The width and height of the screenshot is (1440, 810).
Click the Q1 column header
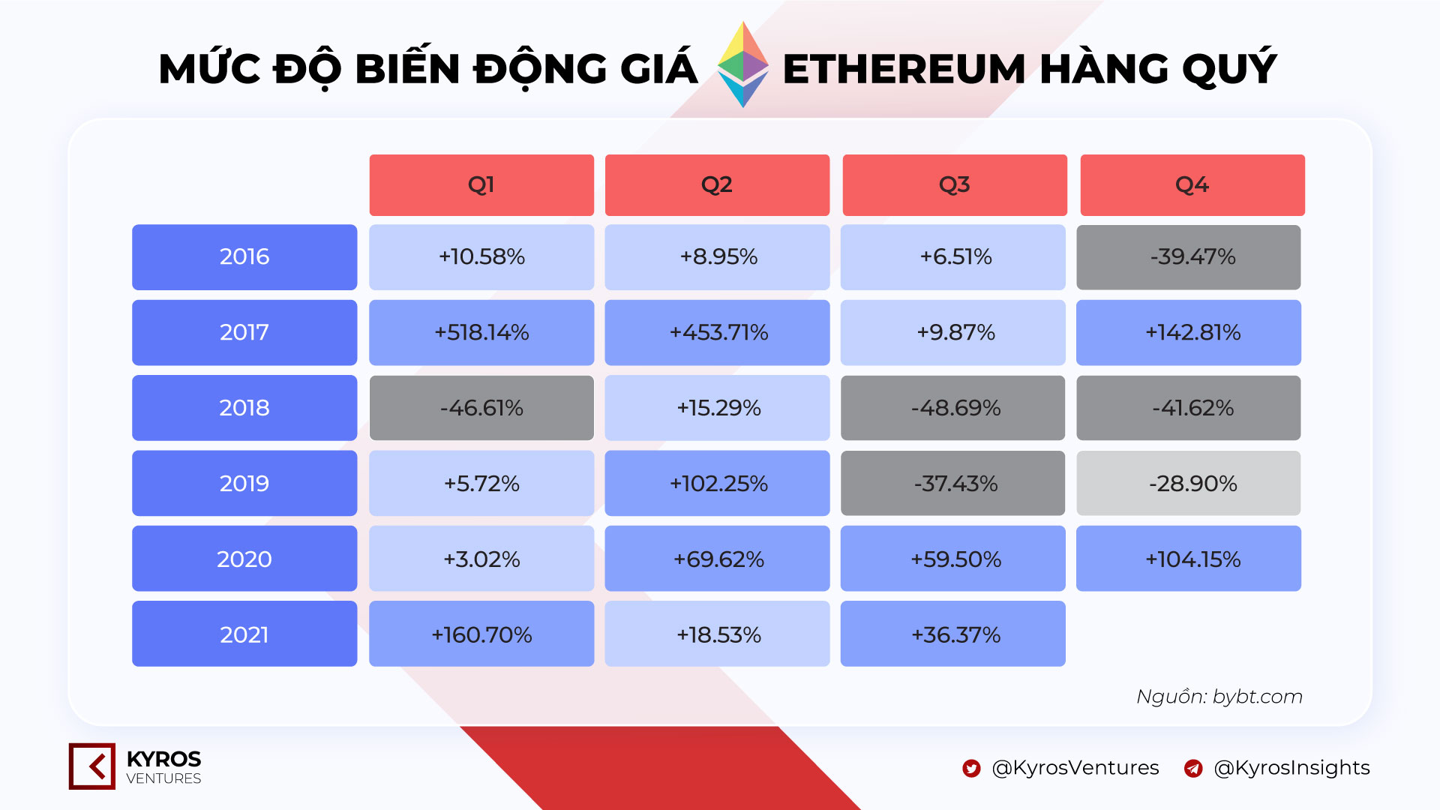(481, 185)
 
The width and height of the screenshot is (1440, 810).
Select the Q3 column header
(955, 185)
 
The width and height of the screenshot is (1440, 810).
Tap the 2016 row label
(244, 257)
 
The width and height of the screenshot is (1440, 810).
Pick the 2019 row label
(244, 483)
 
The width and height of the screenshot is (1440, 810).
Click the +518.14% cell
(481, 332)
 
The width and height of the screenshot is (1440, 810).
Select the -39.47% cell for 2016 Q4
(1189, 257)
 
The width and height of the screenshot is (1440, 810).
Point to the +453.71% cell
(718, 332)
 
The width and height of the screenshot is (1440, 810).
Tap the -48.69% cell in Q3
(953, 408)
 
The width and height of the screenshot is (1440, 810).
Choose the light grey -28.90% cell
(1189, 483)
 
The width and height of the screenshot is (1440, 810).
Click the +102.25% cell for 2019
(718, 483)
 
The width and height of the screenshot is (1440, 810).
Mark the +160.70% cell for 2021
(481, 634)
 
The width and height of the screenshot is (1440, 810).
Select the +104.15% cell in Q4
(1189, 559)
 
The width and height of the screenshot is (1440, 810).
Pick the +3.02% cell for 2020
(481, 559)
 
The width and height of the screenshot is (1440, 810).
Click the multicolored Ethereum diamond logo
(742, 64)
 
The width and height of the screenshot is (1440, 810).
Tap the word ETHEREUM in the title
(904, 69)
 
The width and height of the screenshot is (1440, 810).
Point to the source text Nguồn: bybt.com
(1219, 697)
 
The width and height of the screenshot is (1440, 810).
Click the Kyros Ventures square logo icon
(92, 766)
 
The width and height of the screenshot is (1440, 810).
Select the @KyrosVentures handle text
(1075, 768)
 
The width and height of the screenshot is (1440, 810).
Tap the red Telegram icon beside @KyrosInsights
(1193, 769)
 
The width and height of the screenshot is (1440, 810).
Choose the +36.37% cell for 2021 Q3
(953, 634)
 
